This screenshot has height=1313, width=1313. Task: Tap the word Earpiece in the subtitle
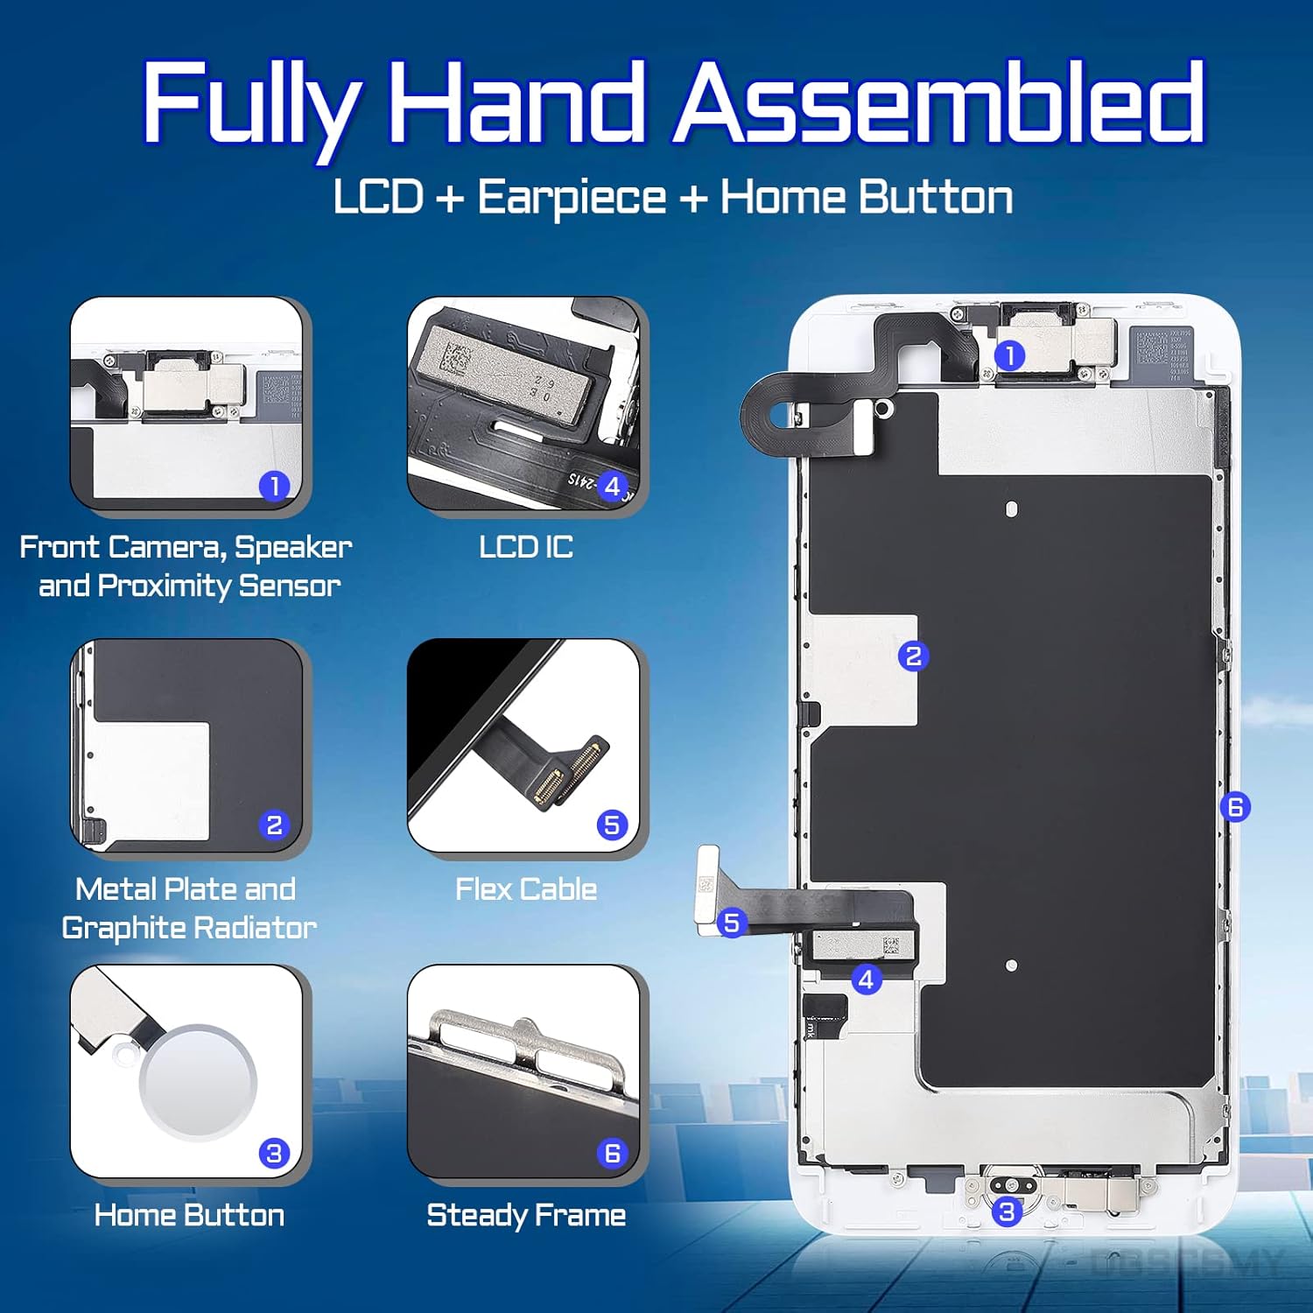572,198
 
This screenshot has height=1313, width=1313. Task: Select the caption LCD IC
526,547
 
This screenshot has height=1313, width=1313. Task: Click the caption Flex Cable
526,889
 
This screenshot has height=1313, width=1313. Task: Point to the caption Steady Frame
526,1215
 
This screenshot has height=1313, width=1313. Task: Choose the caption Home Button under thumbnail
189,1215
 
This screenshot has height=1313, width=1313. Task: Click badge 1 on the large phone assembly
1009,355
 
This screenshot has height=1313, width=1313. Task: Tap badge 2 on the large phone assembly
913,656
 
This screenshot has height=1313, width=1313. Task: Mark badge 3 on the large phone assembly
1007,1211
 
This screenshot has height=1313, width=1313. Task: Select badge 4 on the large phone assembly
866,979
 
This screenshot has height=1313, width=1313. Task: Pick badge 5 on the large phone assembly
732,923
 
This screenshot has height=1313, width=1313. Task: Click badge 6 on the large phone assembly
1235,806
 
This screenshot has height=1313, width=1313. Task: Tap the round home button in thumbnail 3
198,1082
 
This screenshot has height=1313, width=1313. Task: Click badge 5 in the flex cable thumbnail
612,825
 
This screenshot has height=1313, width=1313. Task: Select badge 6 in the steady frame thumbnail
612,1154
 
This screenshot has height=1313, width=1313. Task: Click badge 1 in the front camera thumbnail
274,486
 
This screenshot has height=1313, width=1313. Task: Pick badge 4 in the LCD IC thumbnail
612,486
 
